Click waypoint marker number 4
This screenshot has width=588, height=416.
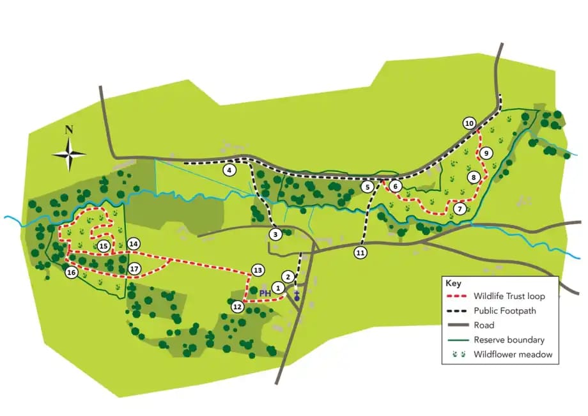click(228, 171)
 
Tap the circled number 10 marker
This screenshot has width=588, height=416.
click(470, 123)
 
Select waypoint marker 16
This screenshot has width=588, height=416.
click(72, 273)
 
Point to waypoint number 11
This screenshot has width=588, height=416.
click(360, 253)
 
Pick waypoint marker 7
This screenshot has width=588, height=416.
click(460, 208)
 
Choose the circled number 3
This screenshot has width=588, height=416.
click(275, 235)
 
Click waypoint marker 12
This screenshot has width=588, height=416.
click(238, 307)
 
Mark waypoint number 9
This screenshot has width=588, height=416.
click(486, 153)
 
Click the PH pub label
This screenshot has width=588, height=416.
click(265, 294)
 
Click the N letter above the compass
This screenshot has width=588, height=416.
click(69, 130)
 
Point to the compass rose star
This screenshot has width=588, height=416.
click(69, 154)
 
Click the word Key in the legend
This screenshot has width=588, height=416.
click(453, 283)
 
